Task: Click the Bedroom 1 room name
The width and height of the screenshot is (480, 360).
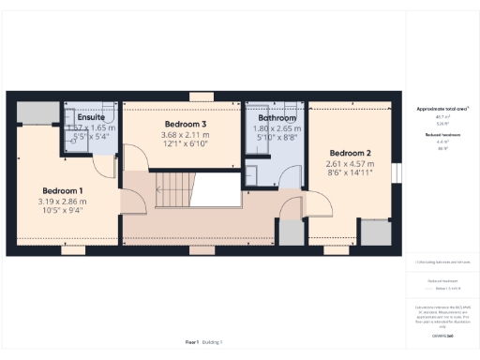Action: [61, 191]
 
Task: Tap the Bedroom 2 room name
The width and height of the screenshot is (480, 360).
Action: [349, 153]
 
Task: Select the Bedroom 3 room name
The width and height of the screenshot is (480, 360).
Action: [185, 125]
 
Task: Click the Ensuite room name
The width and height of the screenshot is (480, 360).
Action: [91, 118]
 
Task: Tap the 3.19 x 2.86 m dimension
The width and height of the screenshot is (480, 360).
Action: [61, 202]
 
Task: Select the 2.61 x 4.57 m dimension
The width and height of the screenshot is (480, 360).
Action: [349, 163]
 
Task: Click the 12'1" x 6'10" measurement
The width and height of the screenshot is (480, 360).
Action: [185, 144]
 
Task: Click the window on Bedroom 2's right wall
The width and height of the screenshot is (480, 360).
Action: [396, 175]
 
